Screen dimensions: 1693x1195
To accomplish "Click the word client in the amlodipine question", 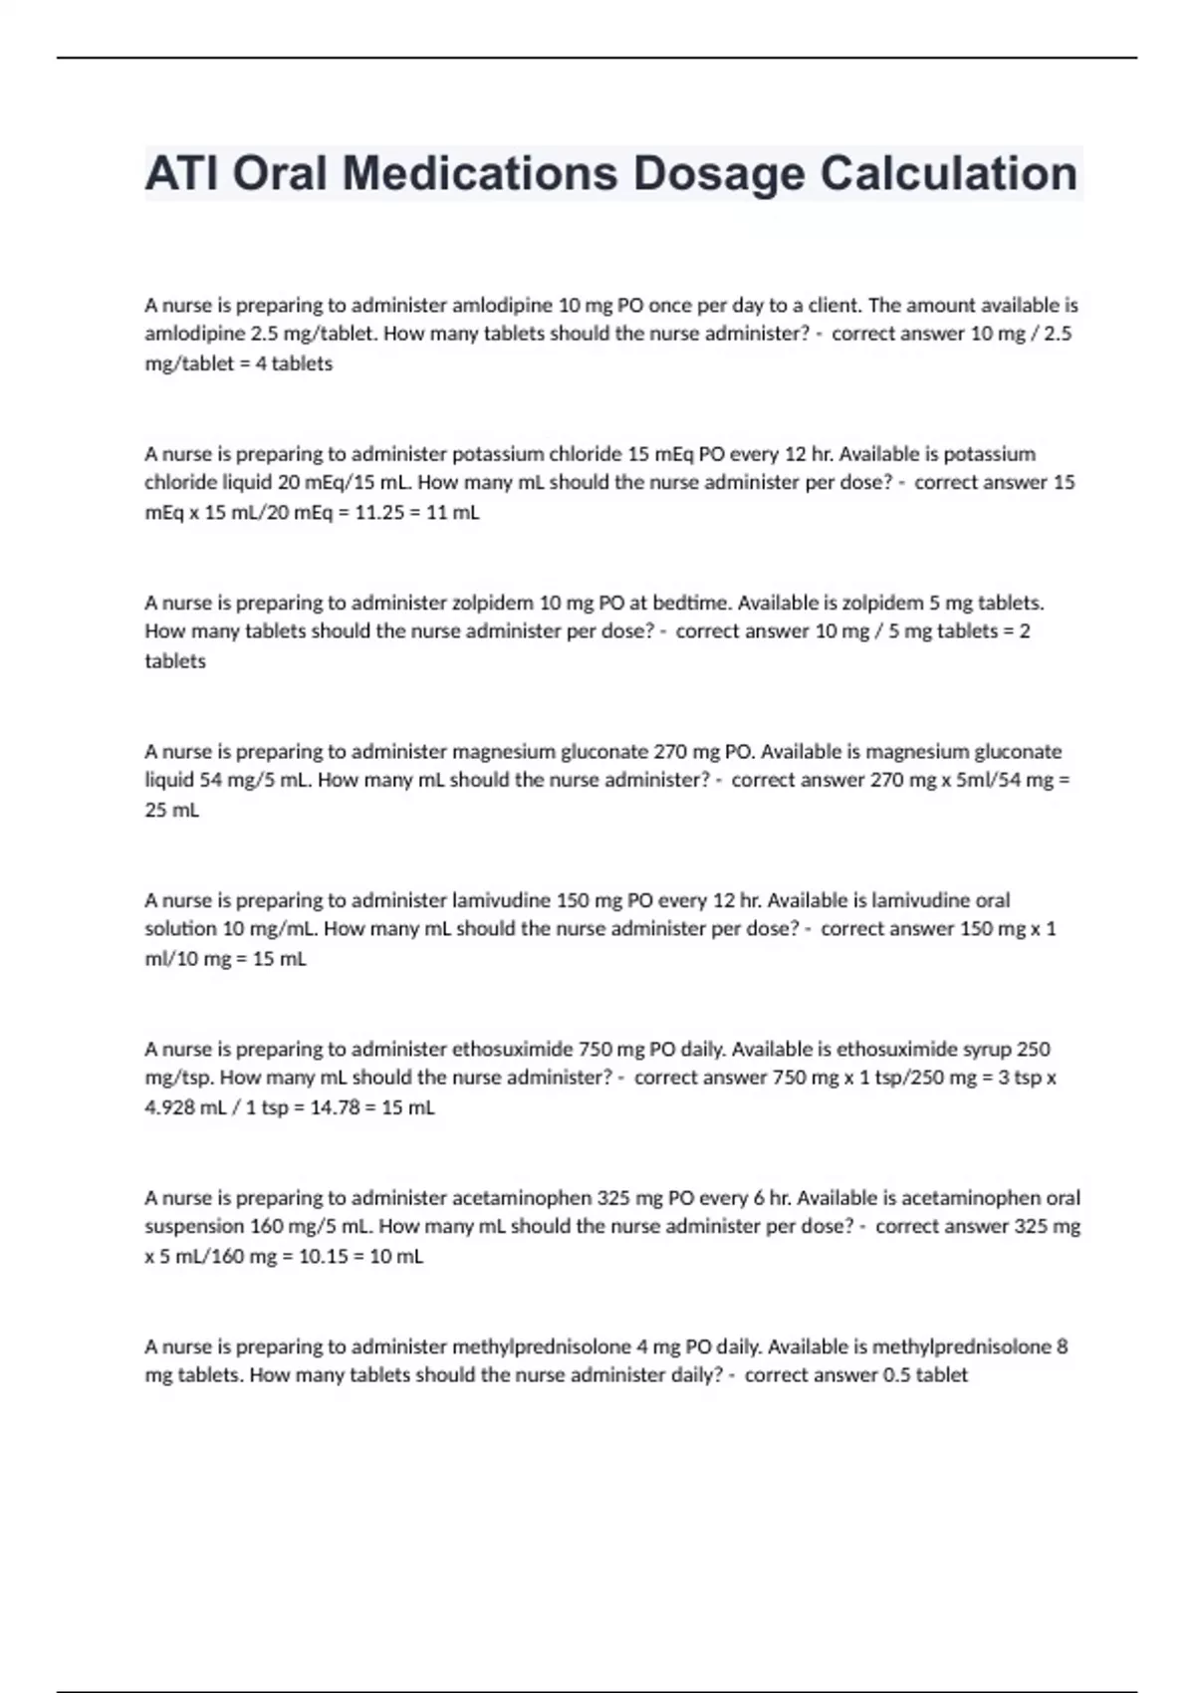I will (836, 305).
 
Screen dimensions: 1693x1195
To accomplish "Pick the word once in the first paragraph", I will (671, 305).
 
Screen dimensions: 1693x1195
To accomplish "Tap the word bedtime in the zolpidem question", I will (666, 603).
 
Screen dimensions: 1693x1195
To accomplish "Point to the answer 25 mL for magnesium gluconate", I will (172, 810).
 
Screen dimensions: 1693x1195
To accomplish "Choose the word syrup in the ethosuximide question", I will (984, 1049).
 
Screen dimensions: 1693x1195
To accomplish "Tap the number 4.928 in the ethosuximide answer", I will (170, 1107).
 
